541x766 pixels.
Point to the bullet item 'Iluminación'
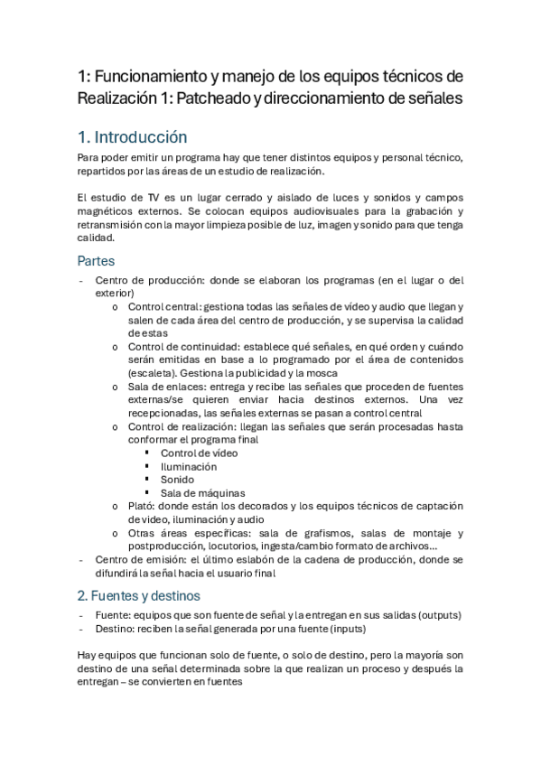pos(189,466)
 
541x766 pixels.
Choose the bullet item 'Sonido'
pos(177,480)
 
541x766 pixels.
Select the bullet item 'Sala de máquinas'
pos(202,493)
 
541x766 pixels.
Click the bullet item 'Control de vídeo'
pos(201,453)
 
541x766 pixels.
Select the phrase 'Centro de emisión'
pos(138,559)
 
